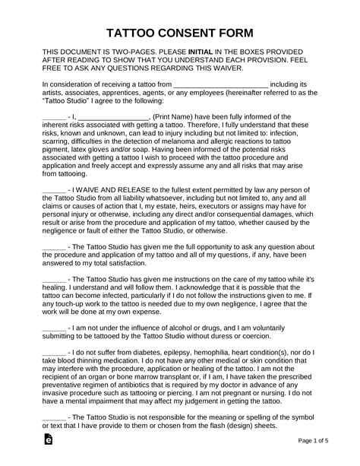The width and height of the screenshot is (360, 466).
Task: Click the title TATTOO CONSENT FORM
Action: (179, 35)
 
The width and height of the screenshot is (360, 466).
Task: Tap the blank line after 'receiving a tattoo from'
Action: (221, 84)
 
